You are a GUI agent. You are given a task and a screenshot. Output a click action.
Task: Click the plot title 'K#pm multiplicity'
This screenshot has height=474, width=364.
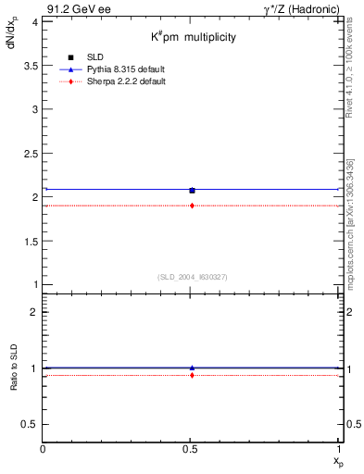[194, 37]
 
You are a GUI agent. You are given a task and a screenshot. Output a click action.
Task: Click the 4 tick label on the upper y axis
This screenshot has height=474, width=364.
[33, 21]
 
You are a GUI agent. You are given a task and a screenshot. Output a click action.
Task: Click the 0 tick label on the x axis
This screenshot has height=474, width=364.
[44, 449]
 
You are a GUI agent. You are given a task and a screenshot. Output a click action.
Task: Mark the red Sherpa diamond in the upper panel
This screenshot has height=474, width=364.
[192, 206]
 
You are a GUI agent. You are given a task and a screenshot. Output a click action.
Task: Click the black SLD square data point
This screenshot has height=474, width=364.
[192, 191]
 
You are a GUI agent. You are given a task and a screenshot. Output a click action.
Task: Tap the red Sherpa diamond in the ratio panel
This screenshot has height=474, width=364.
[192, 375]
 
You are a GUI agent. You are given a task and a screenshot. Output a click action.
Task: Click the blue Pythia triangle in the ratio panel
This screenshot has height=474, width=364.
[192, 368]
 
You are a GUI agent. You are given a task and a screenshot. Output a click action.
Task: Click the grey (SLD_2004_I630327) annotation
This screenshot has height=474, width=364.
[193, 277]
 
